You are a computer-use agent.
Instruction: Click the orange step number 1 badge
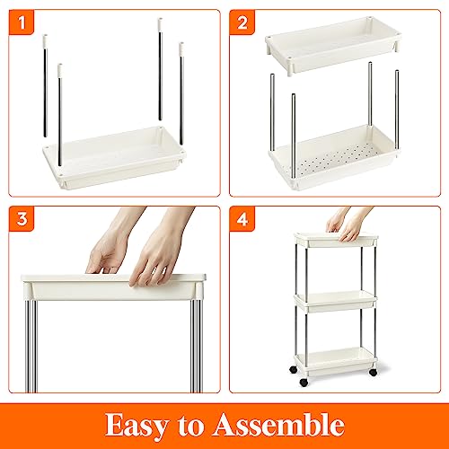click(22, 22)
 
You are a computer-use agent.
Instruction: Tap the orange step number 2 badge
click(242, 22)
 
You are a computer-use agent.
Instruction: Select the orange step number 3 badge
click(22, 219)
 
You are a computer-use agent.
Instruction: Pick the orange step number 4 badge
click(242, 219)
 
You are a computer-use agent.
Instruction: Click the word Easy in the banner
click(136, 426)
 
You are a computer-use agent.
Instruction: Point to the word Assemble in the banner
click(278, 425)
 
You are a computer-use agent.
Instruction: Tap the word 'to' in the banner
click(190, 426)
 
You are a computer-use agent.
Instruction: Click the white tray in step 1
click(114, 157)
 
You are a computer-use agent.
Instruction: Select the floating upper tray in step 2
click(333, 46)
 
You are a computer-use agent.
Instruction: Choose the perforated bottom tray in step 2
click(334, 156)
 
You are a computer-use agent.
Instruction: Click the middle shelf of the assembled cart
click(335, 302)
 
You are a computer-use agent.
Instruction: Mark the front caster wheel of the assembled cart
click(304, 383)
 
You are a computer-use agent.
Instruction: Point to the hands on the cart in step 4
click(348, 224)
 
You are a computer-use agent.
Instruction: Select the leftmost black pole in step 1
click(45, 85)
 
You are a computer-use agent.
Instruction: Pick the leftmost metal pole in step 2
click(272, 112)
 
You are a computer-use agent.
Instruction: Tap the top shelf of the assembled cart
click(336, 240)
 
